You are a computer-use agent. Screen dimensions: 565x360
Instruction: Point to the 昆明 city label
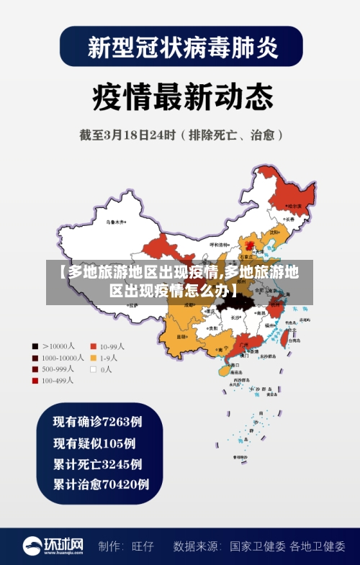tap(183, 335)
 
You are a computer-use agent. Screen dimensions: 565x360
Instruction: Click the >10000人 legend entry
tap(55, 345)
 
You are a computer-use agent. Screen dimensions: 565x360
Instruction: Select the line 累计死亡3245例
tap(97, 463)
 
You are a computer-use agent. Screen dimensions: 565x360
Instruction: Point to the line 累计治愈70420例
tap(101, 484)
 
